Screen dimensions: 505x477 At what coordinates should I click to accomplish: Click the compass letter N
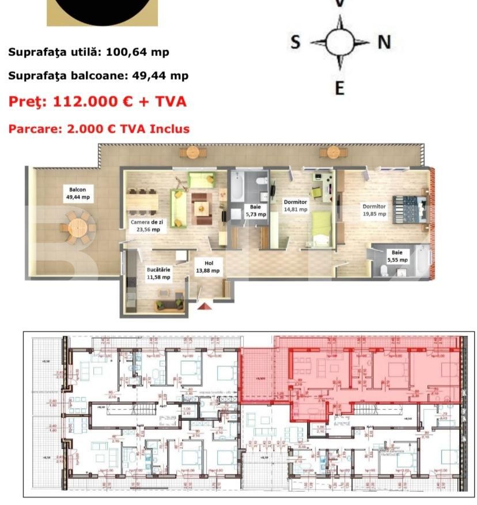click(384, 42)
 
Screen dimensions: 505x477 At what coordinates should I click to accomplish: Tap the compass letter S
click(295, 42)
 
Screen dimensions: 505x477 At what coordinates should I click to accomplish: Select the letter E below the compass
click(339, 88)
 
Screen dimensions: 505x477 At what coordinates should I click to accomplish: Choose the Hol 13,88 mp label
click(208, 266)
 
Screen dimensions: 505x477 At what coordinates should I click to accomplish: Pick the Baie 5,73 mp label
click(254, 211)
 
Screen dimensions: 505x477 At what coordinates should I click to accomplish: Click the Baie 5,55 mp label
click(397, 256)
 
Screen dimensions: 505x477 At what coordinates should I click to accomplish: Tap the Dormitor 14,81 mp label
click(295, 206)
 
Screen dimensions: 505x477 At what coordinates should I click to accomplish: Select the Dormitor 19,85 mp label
click(374, 210)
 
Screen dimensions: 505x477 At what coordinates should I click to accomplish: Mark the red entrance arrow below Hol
click(205, 306)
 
